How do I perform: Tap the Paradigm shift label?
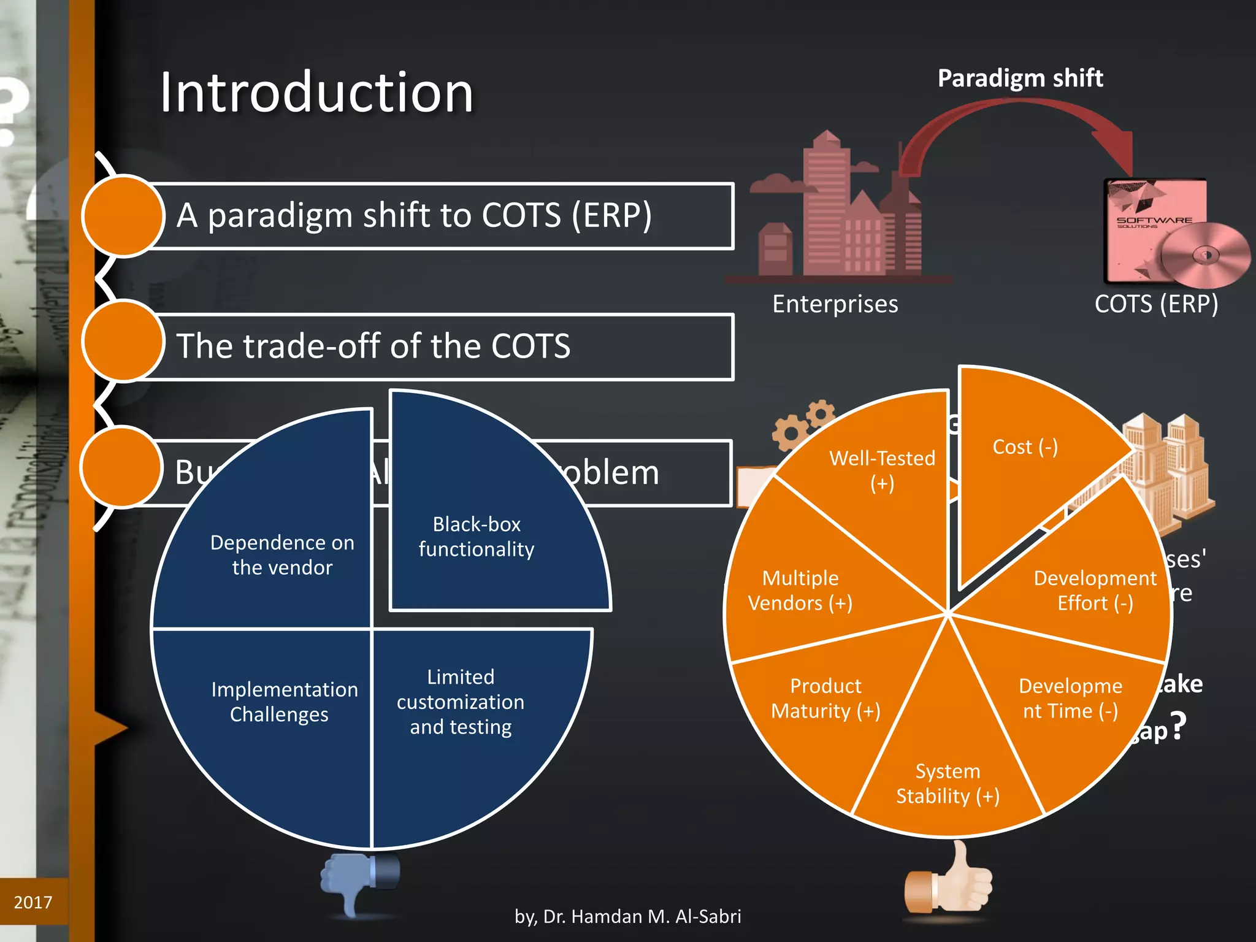1020,78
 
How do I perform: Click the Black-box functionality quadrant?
476,537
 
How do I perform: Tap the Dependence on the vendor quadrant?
282,554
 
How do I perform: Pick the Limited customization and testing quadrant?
460,702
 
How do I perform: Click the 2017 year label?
33,902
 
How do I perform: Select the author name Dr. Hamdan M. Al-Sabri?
628,916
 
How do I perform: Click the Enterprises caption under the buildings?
835,304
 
